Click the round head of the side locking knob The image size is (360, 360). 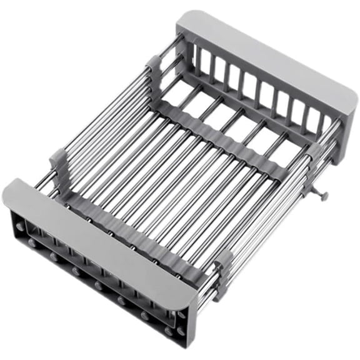(x=325, y=197)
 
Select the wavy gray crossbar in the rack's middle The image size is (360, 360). (x=219, y=134)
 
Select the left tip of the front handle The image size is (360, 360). (x=7, y=194)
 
